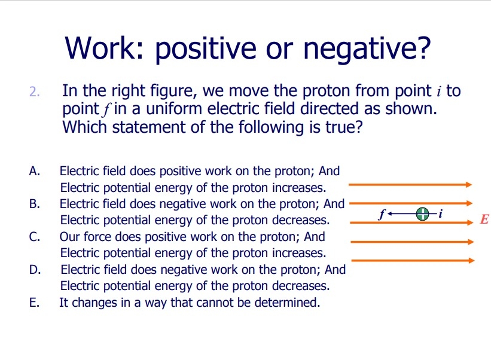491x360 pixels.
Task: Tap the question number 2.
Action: pyautogui.click(x=34, y=93)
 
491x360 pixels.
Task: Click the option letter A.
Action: pyautogui.click(x=34, y=172)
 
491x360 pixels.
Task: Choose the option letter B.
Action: pyautogui.click(x=34, y=204)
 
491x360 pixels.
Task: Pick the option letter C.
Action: pyautogui.click(x=34, y=237)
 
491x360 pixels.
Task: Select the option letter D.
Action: pyautogui.click(x=34, y=270)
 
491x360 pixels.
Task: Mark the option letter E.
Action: pyautogui.click(x=33, y=303)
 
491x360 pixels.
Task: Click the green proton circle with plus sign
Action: pyautogui.click(x=423, y=213)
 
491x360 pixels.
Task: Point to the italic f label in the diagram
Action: pyautogui.click(x=382, y=213)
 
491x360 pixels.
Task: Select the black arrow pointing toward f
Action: pyautogui.click(x=401, y=213)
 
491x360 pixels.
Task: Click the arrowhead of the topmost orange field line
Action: pyautogui.click(x=469, y=185)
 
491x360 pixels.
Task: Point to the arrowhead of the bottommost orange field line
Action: pyautogui.click(x=471, y=261)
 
